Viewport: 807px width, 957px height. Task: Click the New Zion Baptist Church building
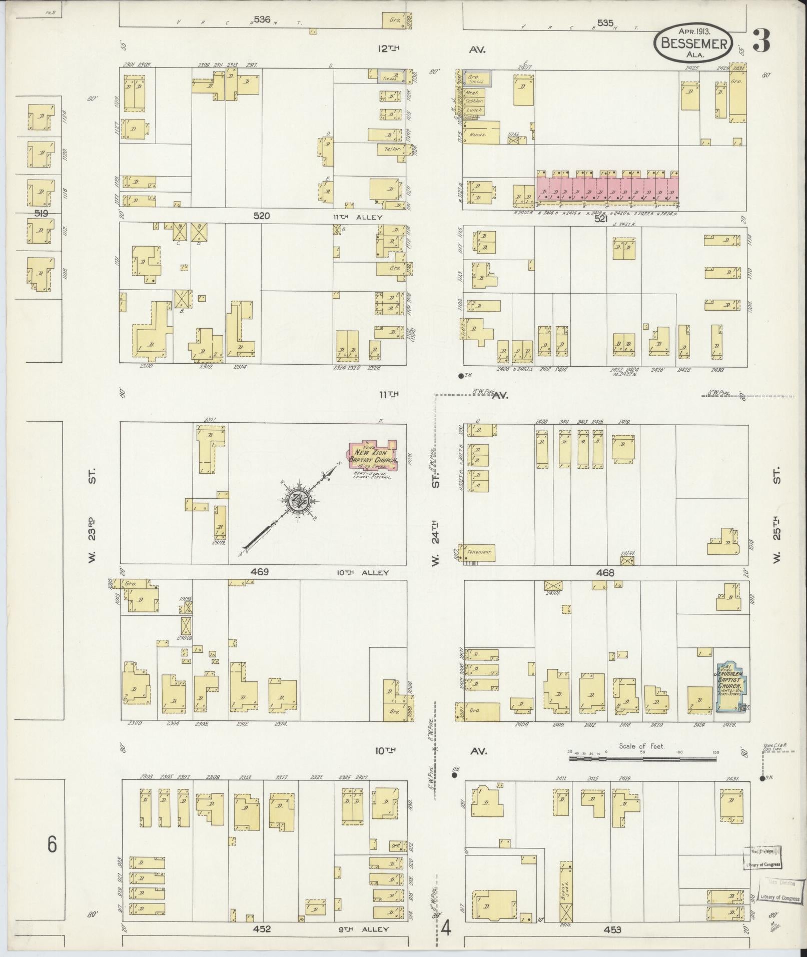pos(373,455)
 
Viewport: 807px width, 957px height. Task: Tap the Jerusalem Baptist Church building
pos(730,686)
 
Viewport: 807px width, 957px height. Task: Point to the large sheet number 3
pos(761,41)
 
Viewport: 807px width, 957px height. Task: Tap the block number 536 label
pos(262,20)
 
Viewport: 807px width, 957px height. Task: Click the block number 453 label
pos(612,929)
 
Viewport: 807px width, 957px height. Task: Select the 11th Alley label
pos(358,217)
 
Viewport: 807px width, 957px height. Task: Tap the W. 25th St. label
pos(776,515)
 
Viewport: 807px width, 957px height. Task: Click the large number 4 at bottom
pos(446,929)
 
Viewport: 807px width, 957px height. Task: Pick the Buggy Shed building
pos(565,890)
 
